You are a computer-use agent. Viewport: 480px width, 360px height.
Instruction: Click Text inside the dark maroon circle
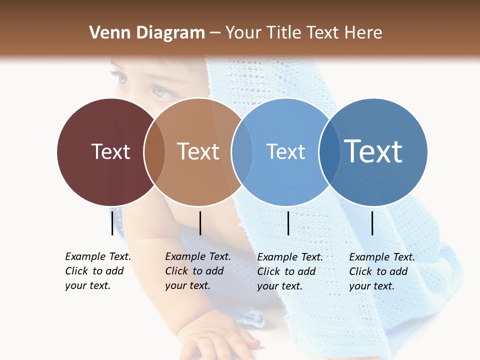click(x=110, y=151)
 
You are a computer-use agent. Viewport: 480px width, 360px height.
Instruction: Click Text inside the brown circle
click(x=198, y=151)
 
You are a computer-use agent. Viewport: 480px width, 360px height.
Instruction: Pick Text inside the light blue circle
click(x=285, y=151)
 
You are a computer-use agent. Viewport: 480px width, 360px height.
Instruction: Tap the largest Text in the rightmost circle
click(x=373, y=151)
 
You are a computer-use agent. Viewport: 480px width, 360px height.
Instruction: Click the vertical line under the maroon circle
click(x=112, y=223)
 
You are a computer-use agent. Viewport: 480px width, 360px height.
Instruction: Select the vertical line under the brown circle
click(x=200, y=223)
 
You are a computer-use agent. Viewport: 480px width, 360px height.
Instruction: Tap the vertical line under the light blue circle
click(x=288, y=223)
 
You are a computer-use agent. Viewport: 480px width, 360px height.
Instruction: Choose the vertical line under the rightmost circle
click(x=372, y=223)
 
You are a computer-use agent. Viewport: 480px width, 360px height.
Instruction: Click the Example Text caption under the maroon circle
click(x=97, y=271)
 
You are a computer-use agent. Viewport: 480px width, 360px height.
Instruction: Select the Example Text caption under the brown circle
click(x=197, y=271)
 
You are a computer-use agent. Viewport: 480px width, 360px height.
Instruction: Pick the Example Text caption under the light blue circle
click(x=289, y=271)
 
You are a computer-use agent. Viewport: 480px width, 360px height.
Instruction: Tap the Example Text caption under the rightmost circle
click(x=381, y=271)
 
